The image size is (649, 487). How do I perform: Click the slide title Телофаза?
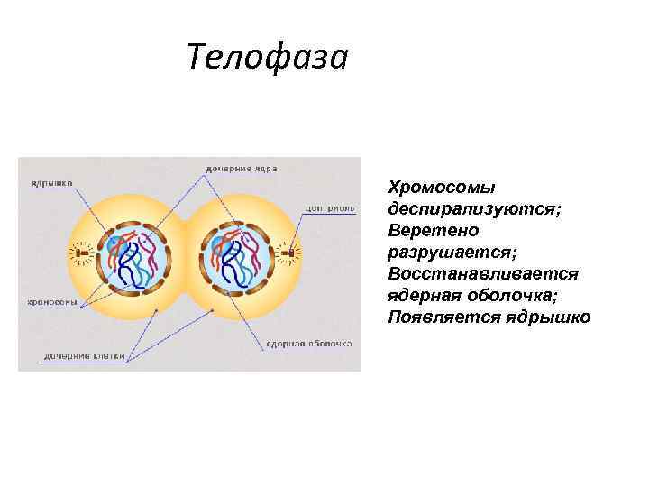tap(267, 58)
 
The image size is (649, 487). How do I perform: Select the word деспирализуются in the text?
tap(473, 209)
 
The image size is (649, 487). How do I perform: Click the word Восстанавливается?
tap(483, 273)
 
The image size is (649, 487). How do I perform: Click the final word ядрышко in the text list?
tap(549, 317)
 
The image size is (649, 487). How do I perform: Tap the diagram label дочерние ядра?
tap(241, 169)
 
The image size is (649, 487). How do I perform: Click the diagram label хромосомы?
tap(51, 302)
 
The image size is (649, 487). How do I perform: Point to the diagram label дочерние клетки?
tap(84, 356)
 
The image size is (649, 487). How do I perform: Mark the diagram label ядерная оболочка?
tap(307, 344)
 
